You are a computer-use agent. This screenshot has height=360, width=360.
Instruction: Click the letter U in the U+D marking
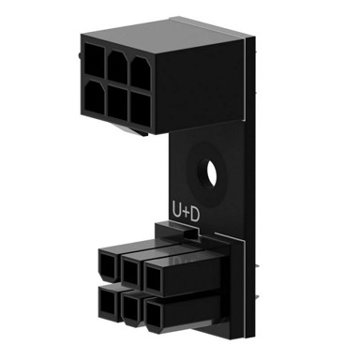coord(177,214)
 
